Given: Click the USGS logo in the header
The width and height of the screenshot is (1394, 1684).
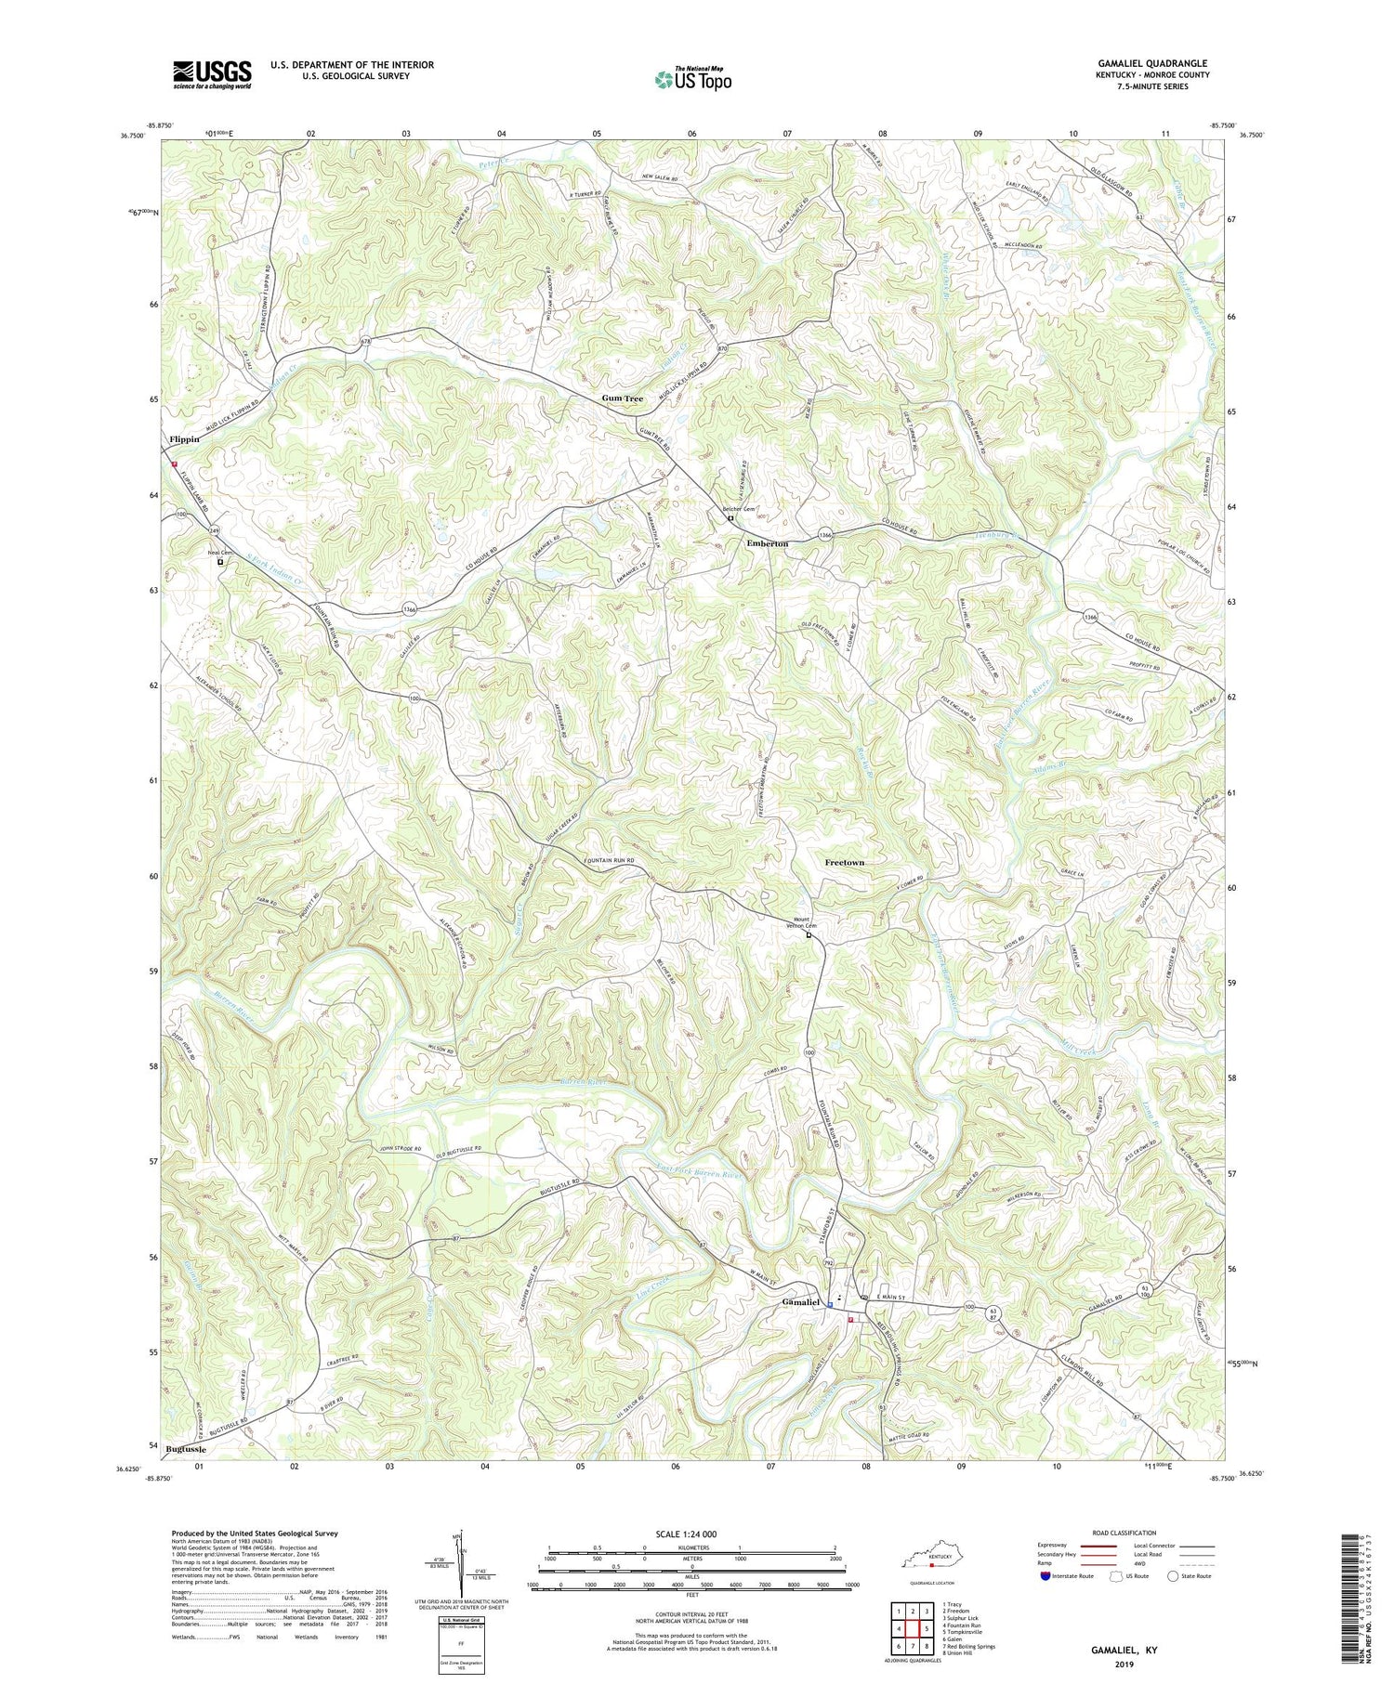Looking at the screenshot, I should click(x=212, y=73).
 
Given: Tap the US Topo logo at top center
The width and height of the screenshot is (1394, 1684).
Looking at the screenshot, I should click(x=692, y=78).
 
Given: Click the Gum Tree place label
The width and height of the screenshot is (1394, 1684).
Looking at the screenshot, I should click(x=622, y=398).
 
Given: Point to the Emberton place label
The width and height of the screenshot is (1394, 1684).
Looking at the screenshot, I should click(x=768, y=543).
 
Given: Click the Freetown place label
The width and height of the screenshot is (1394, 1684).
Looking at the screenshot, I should click(x=844, y=863).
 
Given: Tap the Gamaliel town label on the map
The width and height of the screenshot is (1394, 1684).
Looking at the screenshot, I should click(x=799, y=1302).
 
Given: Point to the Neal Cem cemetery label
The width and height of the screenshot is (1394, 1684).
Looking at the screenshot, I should click(x=220, y=551).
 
